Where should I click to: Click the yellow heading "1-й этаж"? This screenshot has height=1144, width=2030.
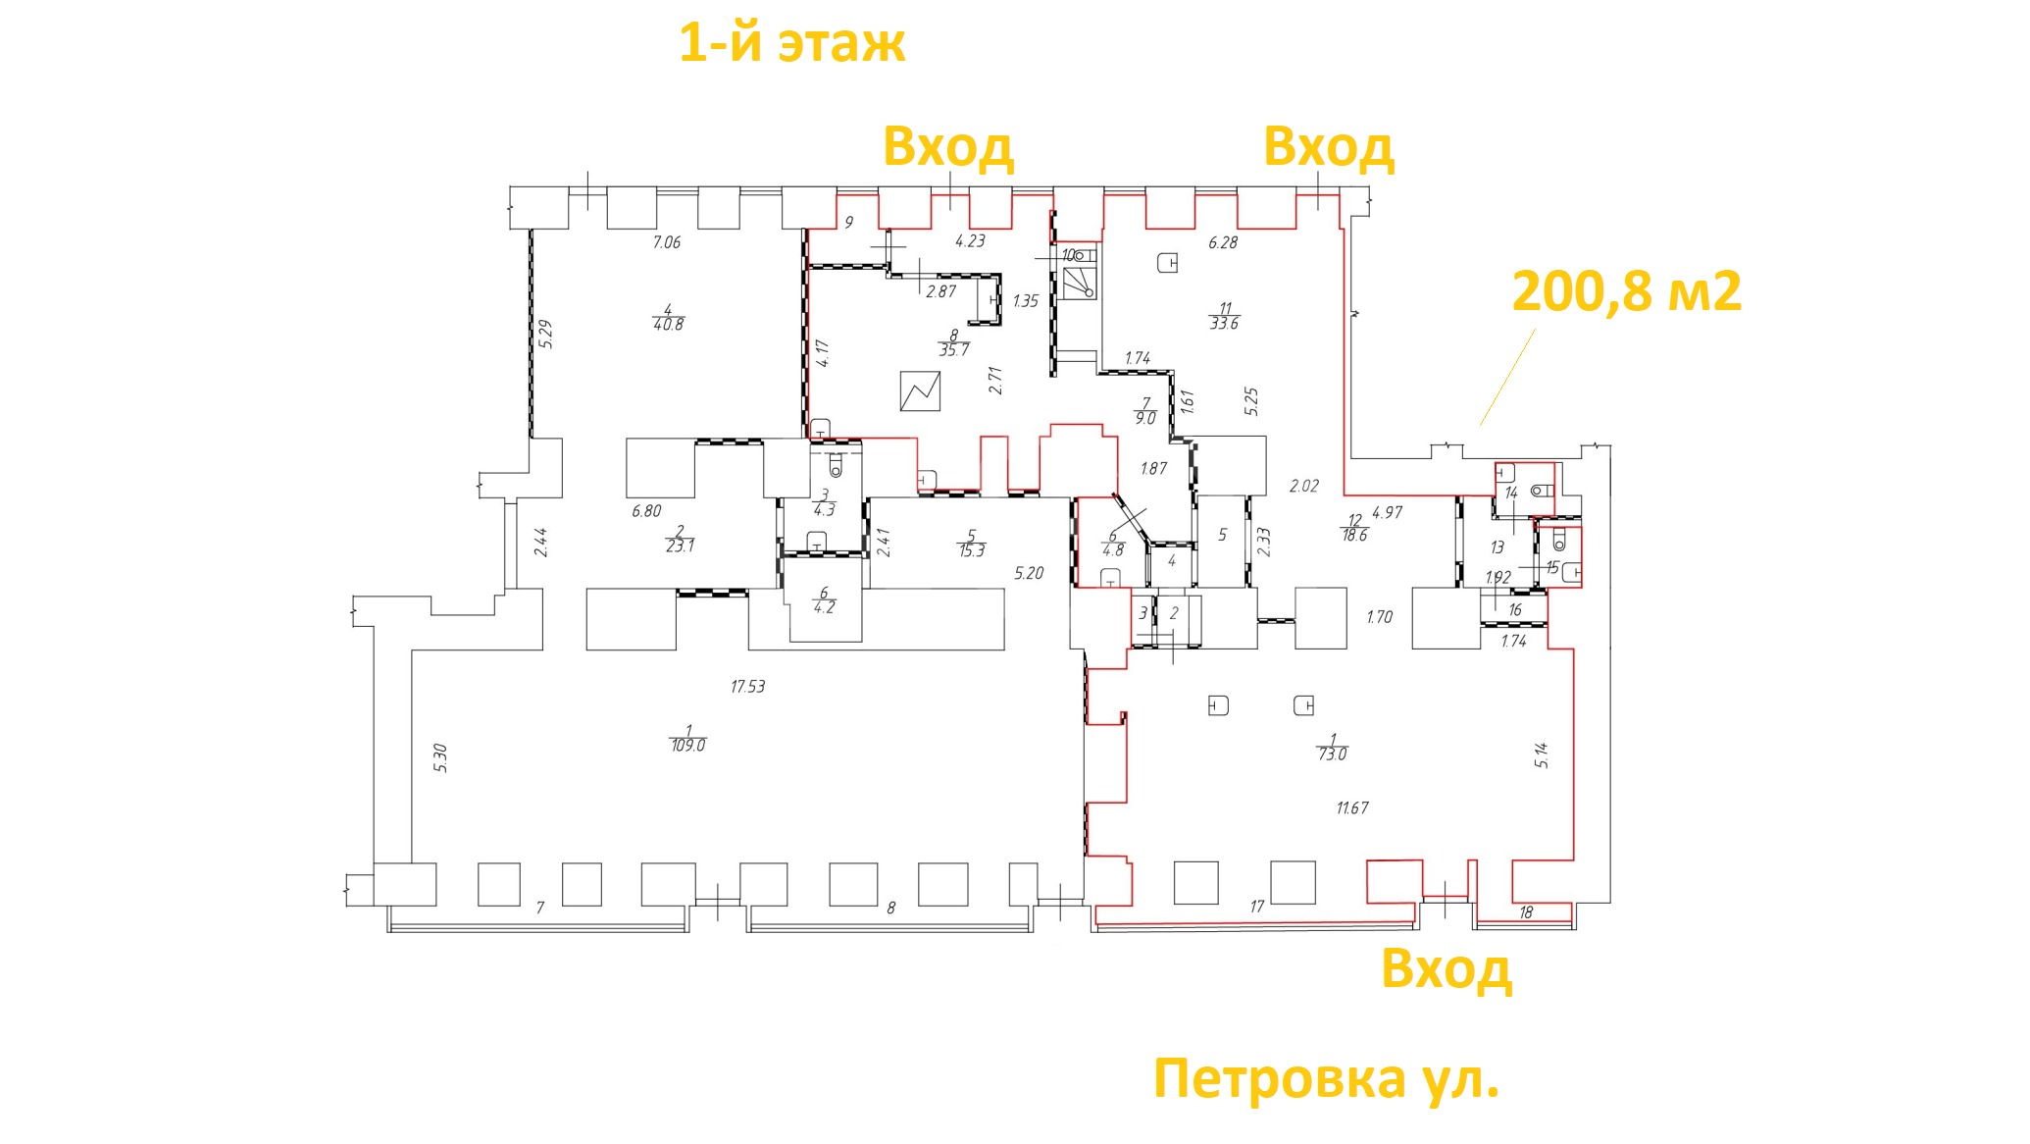tap(792, 44)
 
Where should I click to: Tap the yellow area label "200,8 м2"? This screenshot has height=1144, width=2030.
tap(1627, 292)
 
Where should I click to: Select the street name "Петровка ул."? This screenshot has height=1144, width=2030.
tap(1327, 1079)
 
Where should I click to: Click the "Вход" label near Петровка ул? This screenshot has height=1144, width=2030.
tap(1446, 969)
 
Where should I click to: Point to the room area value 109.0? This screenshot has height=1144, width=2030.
tap(688, 746)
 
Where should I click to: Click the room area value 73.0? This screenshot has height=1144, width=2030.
tap(1333, 754)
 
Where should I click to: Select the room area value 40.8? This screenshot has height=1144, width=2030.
tap(669, 325)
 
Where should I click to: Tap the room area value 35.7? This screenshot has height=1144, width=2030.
tap(954, 350)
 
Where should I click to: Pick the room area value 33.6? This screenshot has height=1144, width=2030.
tap(1225, 323)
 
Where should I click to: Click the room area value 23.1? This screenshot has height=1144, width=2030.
tap(680, 546)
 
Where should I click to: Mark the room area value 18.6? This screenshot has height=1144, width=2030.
tap(1355, 536)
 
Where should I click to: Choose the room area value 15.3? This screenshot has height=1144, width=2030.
tap(972, 551)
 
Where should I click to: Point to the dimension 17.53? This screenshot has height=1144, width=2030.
tap(748, 687)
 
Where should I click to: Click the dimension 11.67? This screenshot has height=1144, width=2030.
tap(1352, 808)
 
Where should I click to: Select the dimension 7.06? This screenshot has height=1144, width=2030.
tap(667, 242)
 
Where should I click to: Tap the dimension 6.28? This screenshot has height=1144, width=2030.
tap(1223, 242)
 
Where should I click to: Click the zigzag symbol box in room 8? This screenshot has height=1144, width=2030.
tap(920, 391)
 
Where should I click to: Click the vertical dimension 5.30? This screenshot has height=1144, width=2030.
tap(441, 758)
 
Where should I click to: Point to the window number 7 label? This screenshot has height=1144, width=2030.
tap(540, 909)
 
